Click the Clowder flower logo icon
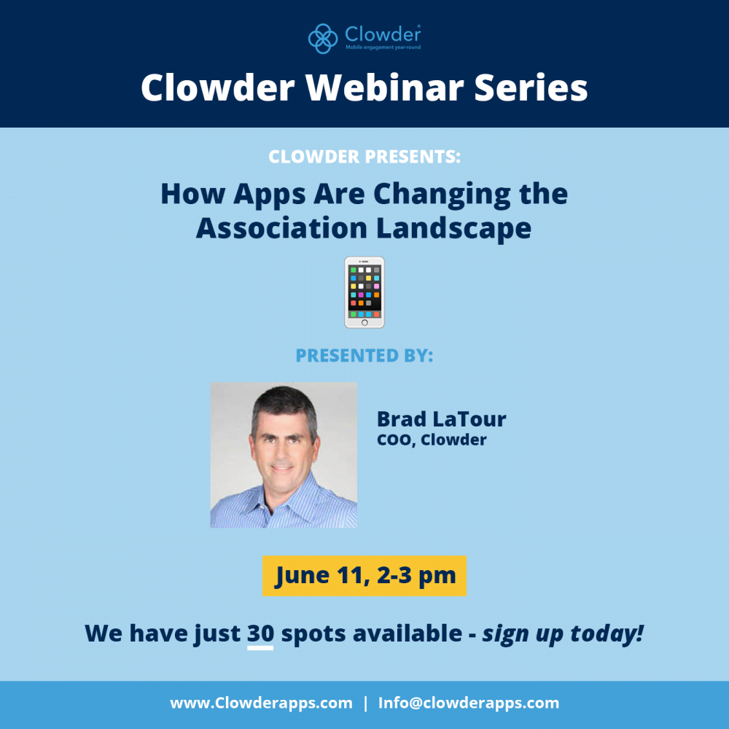[x=323, y=39]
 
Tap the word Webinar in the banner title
[x=384, y=87]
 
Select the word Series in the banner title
[x=531, y=87]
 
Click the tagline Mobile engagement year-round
[x=383, y=47]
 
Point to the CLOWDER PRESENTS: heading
[x=364, y=157]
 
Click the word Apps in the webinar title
[x=270, y=195]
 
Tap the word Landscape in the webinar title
[x=453, y=228]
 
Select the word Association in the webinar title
[x=281, y=228]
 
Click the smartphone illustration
[x=364, y=292]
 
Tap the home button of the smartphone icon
[x=364, y=323]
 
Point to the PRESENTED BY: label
[x=364, y=356]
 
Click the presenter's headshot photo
[x=284, y=455]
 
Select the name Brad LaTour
[x=441, y=419]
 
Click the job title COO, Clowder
[x=432, y=440]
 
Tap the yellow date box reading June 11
[x=364, y=576]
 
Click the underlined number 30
[x=260, y=634]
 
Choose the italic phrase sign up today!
[x=563, y=634]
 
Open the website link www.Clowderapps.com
[x=261, y=703]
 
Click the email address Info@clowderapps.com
[x=469, y=703]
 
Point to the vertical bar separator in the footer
[x=365, y=703]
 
